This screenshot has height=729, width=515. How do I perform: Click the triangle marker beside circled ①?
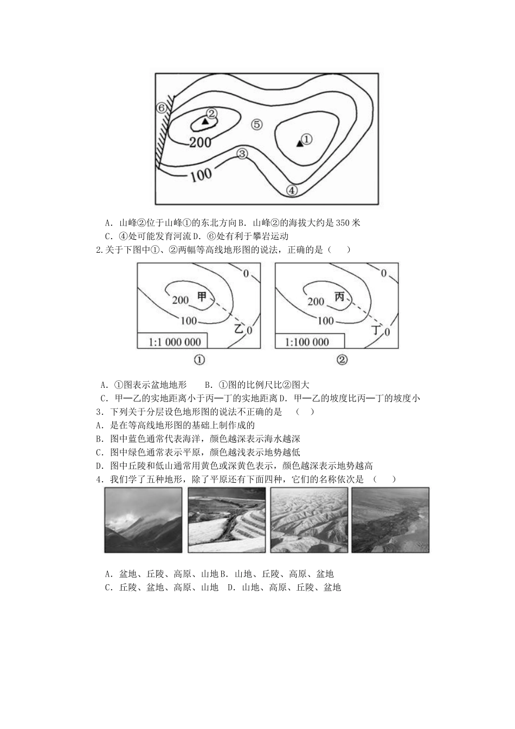[299, 143]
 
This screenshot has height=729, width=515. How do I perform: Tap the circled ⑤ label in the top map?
[257, 125]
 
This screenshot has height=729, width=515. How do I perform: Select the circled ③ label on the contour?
[242, 154]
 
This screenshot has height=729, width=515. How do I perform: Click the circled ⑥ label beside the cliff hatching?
[160, 107]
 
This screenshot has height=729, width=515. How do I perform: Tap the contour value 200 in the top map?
[200, 143]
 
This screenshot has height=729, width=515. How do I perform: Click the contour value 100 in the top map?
[201, 175]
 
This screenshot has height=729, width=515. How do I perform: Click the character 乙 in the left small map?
[239, 328]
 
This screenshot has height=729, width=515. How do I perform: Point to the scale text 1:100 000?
[307, 342]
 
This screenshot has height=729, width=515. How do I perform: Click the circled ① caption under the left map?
[199, 360]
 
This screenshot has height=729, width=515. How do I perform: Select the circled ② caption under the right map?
[342, 360]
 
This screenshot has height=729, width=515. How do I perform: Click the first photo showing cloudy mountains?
[143, 520]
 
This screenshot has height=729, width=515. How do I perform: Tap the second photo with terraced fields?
[227, 520]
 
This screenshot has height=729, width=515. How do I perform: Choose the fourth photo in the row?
[390, 520]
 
